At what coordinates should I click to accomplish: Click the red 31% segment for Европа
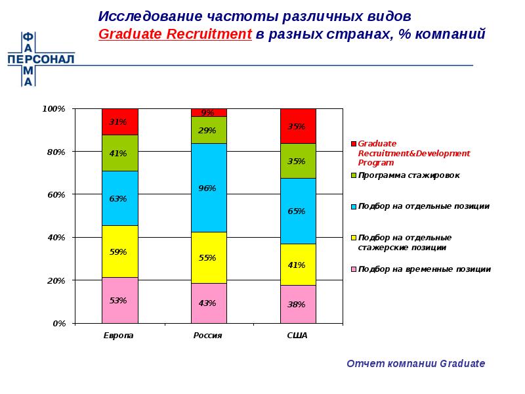119,122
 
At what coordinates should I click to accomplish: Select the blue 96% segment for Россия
209,188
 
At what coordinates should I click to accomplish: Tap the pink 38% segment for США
298,304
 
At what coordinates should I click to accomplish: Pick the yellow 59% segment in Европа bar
119,252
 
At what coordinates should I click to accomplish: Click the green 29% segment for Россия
209,130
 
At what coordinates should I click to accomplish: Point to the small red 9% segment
209,112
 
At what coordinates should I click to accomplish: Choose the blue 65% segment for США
298,211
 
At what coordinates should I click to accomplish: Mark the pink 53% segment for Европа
119,300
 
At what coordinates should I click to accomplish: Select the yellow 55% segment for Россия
209,257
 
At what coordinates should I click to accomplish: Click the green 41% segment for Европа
119,153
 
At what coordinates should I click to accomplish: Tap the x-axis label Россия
209,336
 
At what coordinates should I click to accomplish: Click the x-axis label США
298,336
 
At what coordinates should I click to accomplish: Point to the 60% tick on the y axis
60,195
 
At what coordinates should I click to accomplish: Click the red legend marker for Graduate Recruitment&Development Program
353,144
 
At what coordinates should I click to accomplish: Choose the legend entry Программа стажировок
408,175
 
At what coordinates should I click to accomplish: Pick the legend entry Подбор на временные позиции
424,269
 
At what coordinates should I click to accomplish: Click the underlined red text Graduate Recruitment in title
175,35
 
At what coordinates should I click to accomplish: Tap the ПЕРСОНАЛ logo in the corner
40,59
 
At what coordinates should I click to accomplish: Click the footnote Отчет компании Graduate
415,363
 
